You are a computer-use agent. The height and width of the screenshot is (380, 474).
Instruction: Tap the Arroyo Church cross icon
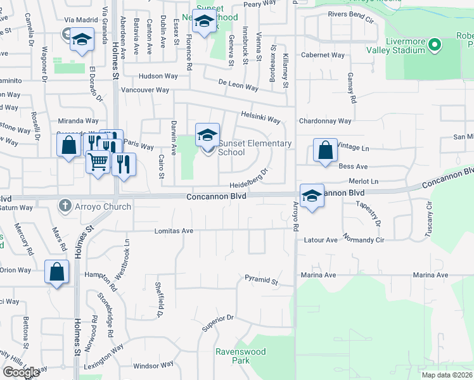click(64, 206)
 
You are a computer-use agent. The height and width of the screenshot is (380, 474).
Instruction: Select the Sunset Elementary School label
click(255, 148)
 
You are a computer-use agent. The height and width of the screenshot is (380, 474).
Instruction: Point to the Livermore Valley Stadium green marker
click(435, 44)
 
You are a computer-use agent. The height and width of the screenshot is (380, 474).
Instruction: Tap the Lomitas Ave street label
click(174, 231)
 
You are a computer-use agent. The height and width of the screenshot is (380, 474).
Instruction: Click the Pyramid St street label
click(261, 279)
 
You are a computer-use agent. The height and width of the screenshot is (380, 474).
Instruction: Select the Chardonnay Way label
click(327, 121)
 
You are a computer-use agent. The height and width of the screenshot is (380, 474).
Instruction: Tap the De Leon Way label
click(238, 85)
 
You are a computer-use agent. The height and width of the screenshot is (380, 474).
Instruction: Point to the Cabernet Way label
click(324, 55)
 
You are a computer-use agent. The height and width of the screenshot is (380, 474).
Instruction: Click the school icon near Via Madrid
click(82, 41)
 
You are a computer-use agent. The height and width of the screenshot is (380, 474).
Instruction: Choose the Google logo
click(22, 372)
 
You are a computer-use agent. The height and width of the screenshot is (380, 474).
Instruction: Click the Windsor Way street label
click(153, 365)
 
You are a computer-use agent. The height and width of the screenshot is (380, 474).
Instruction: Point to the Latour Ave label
click(321, 241)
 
